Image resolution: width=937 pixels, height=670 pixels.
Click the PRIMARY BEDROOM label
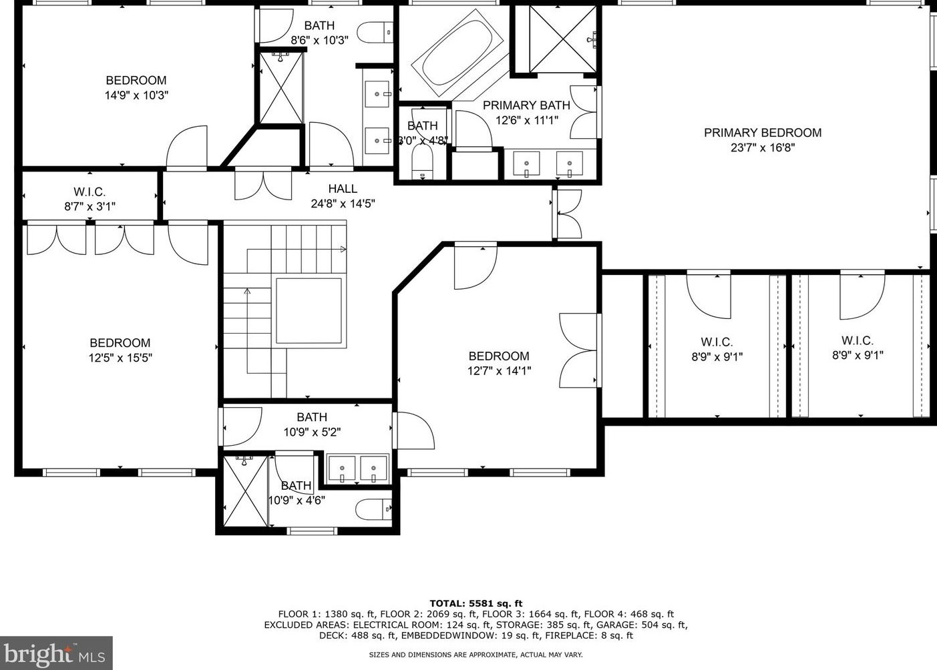tap(763, 133)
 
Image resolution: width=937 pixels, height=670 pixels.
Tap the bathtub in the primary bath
tap(457, 53)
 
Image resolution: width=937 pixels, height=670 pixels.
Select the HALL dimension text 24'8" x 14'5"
tap(343, 204)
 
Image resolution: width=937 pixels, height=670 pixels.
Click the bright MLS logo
tap(56, 653)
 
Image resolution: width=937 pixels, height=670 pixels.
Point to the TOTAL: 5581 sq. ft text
tap(476, 603)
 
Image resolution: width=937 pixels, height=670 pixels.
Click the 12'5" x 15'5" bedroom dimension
tap(120, 358)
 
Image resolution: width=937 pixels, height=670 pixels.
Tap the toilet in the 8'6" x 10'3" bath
tap(375, 32)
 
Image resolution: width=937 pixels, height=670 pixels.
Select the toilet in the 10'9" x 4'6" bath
tap(373, 509)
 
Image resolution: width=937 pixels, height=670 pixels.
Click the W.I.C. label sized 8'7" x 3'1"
tap(89, 192)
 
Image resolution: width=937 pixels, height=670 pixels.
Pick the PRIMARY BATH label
tap(526, 105)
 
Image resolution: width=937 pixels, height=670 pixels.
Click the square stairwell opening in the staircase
tap(309, 311)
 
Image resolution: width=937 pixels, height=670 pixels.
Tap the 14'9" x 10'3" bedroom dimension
tap(136, 95)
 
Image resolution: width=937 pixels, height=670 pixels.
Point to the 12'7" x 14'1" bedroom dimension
tap(499, 371)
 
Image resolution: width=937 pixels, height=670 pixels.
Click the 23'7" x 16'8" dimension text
tap(763, 147)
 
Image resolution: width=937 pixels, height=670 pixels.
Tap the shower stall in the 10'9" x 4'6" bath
tap(245, 491)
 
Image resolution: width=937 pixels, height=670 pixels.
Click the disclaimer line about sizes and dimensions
tap(476, 655)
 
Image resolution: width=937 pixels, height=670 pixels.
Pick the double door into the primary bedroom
tap(567, 214)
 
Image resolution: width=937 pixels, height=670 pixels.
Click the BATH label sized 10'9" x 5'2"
tap(312, 417)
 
